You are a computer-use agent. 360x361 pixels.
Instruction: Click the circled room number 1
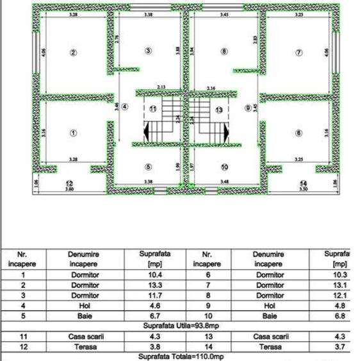point(73,133)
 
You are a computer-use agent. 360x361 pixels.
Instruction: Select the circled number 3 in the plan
point(148,51)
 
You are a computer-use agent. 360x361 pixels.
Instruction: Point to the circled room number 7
point(299,53)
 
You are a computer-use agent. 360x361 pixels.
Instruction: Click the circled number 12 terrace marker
point(70,183)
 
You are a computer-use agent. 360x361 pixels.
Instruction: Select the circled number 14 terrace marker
point(303,183)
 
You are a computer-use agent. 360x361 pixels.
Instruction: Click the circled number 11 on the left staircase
point(152,109)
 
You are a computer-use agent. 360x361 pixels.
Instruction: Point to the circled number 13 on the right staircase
point(219,110)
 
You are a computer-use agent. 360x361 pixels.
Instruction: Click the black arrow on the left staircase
point(146,131)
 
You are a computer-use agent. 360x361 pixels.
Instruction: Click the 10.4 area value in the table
point(154,274)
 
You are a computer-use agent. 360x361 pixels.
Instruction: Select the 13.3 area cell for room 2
point(154,285)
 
